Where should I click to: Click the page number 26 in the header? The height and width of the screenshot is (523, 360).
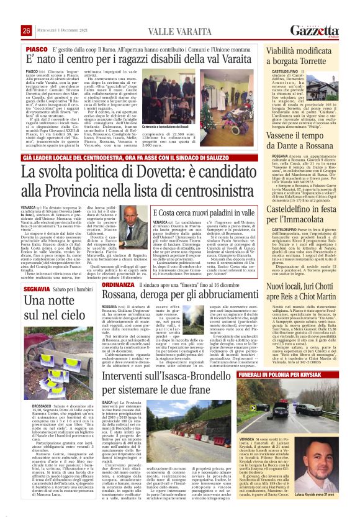pos(26,31)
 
